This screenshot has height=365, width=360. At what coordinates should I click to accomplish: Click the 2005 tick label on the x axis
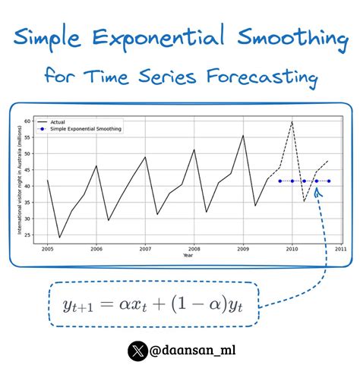47,248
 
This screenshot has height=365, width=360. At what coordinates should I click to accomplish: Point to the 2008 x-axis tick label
194,248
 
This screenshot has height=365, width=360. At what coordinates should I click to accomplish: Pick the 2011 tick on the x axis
341,248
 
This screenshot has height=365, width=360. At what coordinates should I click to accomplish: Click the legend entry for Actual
58,121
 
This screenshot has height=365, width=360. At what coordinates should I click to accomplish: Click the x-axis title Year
188,255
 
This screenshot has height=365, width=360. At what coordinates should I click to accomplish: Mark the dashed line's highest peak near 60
292,121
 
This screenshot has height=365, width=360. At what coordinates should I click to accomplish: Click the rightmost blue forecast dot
329,181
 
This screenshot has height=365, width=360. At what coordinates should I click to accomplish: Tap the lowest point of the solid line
59,238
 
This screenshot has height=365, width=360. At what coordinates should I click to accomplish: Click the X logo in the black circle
137,350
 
